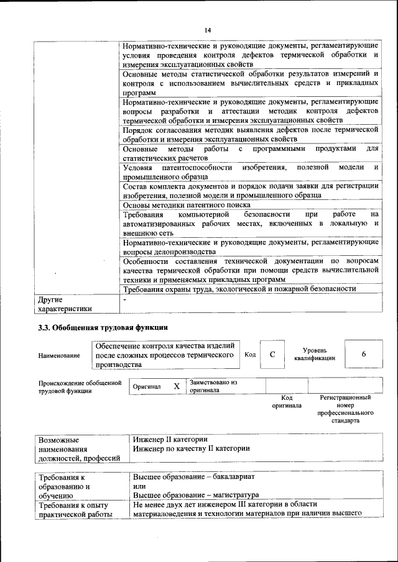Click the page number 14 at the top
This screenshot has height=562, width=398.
pos(208,30)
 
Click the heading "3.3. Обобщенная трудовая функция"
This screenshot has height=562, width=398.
pos(103,327)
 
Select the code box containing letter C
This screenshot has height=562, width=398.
pos(272,354)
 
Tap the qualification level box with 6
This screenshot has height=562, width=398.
pos(363,354)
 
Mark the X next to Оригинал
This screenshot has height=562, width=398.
pos(177,386)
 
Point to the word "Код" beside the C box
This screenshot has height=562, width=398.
pos(250,355)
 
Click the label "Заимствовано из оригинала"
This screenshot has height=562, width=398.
pos(214,386)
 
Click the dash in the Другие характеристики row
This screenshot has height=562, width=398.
pos(125,299)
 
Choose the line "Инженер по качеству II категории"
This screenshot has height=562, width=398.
pos(192,448)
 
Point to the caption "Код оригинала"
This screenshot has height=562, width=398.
pos(287,401)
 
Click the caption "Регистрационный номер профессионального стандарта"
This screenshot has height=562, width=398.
pos(345,409)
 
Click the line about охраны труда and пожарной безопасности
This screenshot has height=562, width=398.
pos(239,289)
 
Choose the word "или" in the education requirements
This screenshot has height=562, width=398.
pos(139,486)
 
